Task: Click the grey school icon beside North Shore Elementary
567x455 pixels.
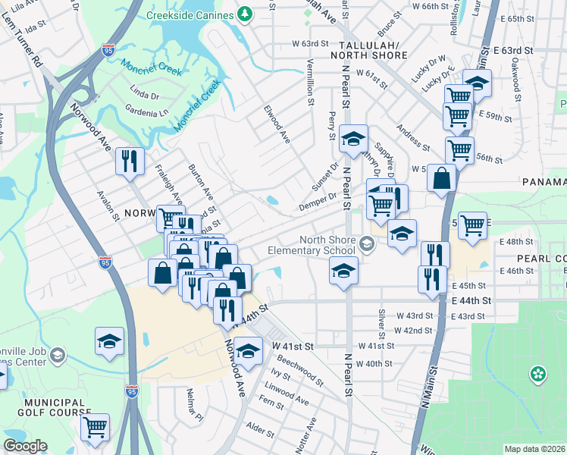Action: click(368, 243)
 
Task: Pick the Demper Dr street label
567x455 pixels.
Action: click(317, 199)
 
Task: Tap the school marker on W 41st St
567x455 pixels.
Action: click(247, 350)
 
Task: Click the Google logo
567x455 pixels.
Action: click(25, 447)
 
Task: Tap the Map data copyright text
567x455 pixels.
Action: click(535, 449)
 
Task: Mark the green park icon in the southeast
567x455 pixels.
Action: click(537, 373)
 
